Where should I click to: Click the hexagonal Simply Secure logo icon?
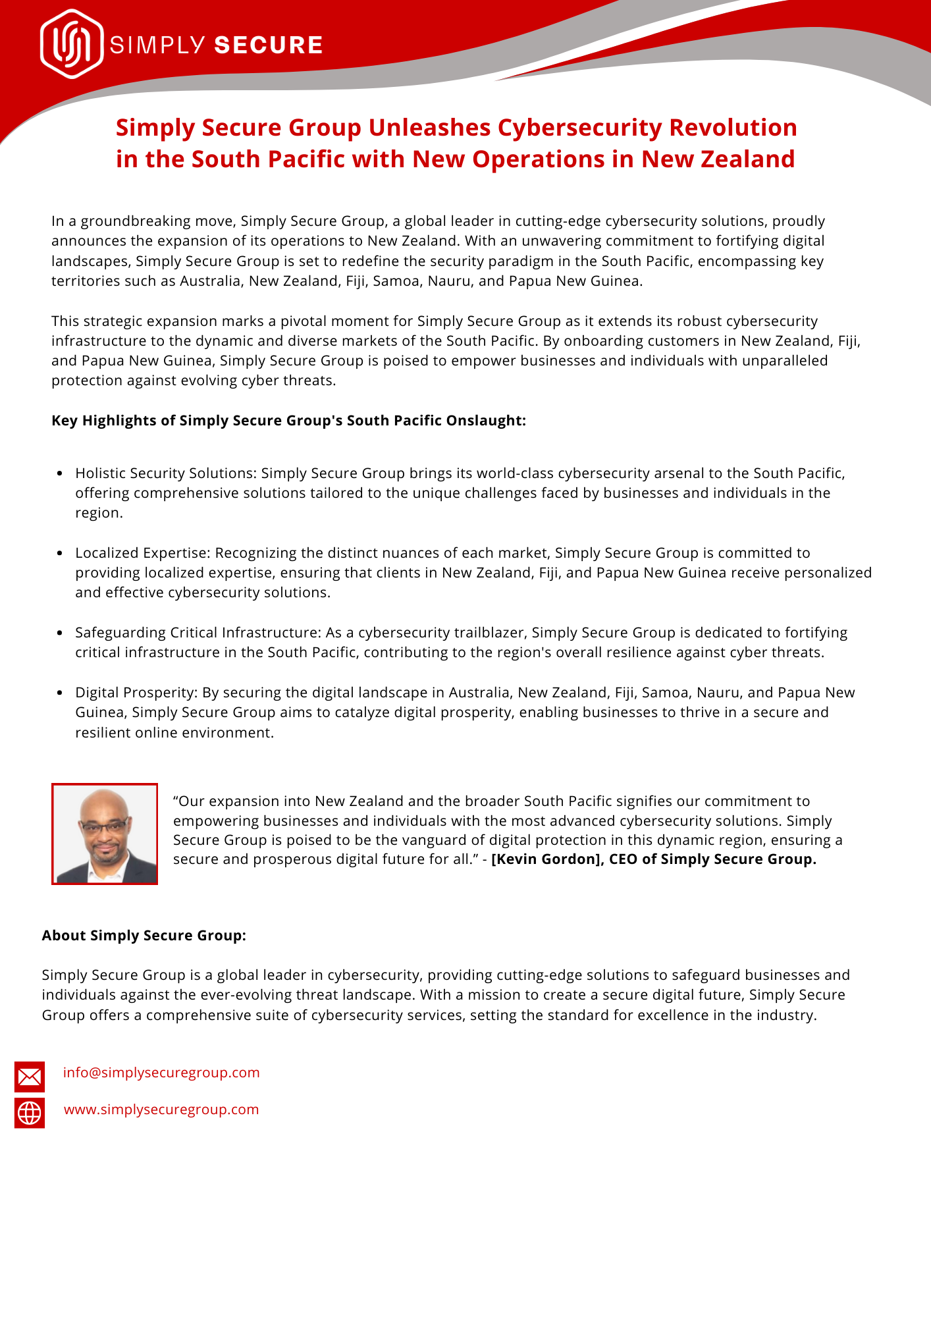72,44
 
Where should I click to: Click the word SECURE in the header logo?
269,45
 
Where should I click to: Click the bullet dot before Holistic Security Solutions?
60,473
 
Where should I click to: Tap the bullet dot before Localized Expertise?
60,553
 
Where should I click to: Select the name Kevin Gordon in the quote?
546,859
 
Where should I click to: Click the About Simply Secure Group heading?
144,936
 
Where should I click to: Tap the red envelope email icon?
30,1077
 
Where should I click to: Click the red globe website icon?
30,1113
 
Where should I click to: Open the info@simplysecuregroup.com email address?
161,1073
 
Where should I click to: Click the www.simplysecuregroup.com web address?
161,1110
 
